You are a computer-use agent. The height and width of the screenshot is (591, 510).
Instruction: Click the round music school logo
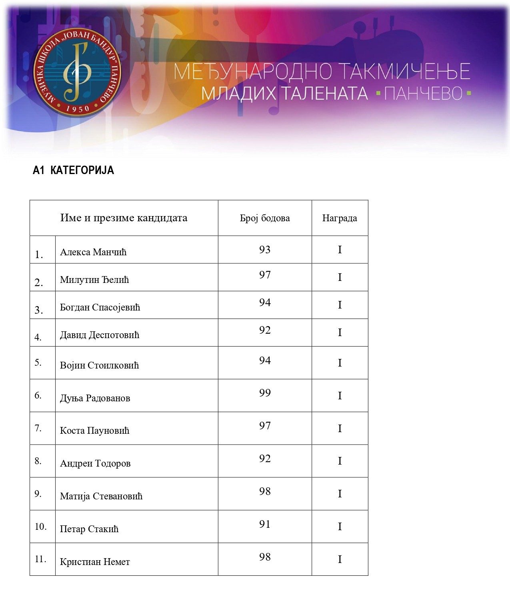[78, 72]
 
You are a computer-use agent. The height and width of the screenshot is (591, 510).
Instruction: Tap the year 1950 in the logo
[78, 108]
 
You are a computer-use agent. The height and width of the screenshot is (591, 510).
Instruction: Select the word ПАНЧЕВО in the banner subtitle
[424, 94]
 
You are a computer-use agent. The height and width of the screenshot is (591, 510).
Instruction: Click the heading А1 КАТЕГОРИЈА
[73, 170]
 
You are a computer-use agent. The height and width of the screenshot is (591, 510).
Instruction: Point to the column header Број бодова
[265, 218]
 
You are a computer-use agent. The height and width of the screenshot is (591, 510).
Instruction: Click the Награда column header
[340, 218]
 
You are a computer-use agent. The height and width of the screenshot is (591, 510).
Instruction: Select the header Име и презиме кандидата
[124, 218]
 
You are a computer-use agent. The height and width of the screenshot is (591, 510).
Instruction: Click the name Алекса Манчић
[93, 252]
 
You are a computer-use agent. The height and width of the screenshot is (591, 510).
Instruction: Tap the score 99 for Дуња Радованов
[265, 393]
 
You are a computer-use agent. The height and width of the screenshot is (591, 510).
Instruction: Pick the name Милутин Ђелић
[94, 280]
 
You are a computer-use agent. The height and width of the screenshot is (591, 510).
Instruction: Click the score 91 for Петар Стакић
[265, 524]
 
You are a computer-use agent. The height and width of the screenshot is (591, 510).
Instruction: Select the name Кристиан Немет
[95, 562]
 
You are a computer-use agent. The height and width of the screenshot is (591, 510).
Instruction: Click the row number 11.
[40, 559]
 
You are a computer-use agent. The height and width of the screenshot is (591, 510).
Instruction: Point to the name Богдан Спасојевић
[100, 307]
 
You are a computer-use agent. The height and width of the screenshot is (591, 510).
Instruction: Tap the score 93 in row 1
[265, 250]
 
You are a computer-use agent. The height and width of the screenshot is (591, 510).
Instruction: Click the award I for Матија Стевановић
[340, 494]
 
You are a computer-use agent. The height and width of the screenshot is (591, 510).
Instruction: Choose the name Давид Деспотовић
[100, 335]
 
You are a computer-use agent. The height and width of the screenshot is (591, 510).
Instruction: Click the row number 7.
[38, 428]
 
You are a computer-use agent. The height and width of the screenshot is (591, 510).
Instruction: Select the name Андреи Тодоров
[95, 463]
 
